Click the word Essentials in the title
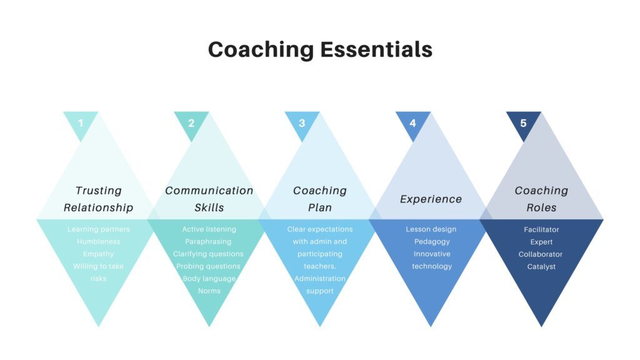(376, 49)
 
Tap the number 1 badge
(81, 122)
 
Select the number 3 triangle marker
(302, 122)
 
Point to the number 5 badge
(523, 122)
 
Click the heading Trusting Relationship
(99, 199)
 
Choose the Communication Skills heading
(209, 199)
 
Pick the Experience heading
(431, 199)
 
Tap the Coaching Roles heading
(541, 199)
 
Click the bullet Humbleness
(99, 241)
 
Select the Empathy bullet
(99, 254)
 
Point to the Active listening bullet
(209, 229)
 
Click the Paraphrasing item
(209, 241)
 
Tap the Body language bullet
(209, 278)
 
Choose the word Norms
(209, 291)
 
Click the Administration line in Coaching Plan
(320, 278)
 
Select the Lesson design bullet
(431, 229)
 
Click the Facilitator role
(541, 229)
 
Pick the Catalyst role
(541, 266)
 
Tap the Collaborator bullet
(541, 254)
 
